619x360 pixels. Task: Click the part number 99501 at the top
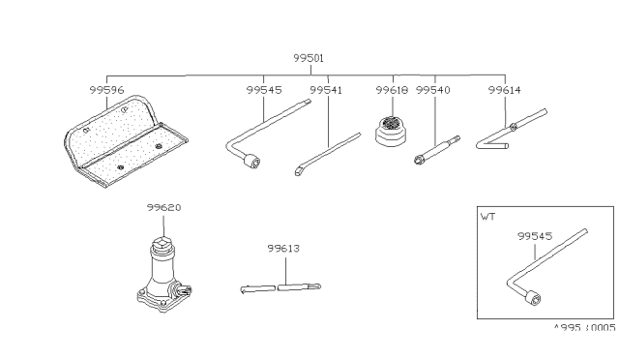tap(309, 58)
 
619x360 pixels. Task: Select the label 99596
tap(106, 90)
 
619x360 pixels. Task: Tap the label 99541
tap(326, 90)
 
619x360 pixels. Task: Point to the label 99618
tap(392, 90)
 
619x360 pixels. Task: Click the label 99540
tap(432, 90)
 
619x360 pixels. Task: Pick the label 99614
tap(504, 90)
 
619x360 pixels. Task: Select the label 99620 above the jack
tap(163, 207)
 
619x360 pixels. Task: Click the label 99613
tap(283, 248)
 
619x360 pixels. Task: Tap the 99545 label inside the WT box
tap(535, 236)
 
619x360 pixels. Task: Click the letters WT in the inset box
tap(487, 217)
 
